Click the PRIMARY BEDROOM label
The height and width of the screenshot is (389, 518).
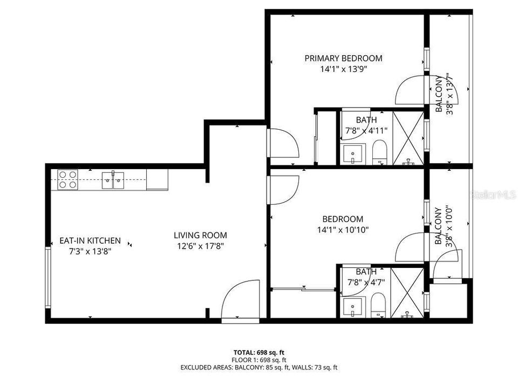pos(343,58)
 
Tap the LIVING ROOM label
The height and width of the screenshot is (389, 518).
pos(200,235)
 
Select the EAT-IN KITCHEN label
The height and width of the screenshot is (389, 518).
pos(90,241)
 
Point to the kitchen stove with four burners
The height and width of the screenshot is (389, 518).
pos(67,179)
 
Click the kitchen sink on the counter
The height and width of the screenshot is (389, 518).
pos(113,179)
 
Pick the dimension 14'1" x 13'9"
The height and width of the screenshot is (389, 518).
pos(343,69)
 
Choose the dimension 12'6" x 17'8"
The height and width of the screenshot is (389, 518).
pos(200,246)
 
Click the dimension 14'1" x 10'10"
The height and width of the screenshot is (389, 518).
pos(343,230)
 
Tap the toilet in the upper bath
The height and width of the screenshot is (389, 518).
pos(380,152)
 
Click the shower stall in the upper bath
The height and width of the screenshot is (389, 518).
pos(407,137)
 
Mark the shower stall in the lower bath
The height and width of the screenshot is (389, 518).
pos(407,292)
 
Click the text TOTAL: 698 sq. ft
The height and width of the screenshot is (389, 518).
pos(259,352)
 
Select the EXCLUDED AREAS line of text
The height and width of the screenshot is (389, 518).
pos(259,367)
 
